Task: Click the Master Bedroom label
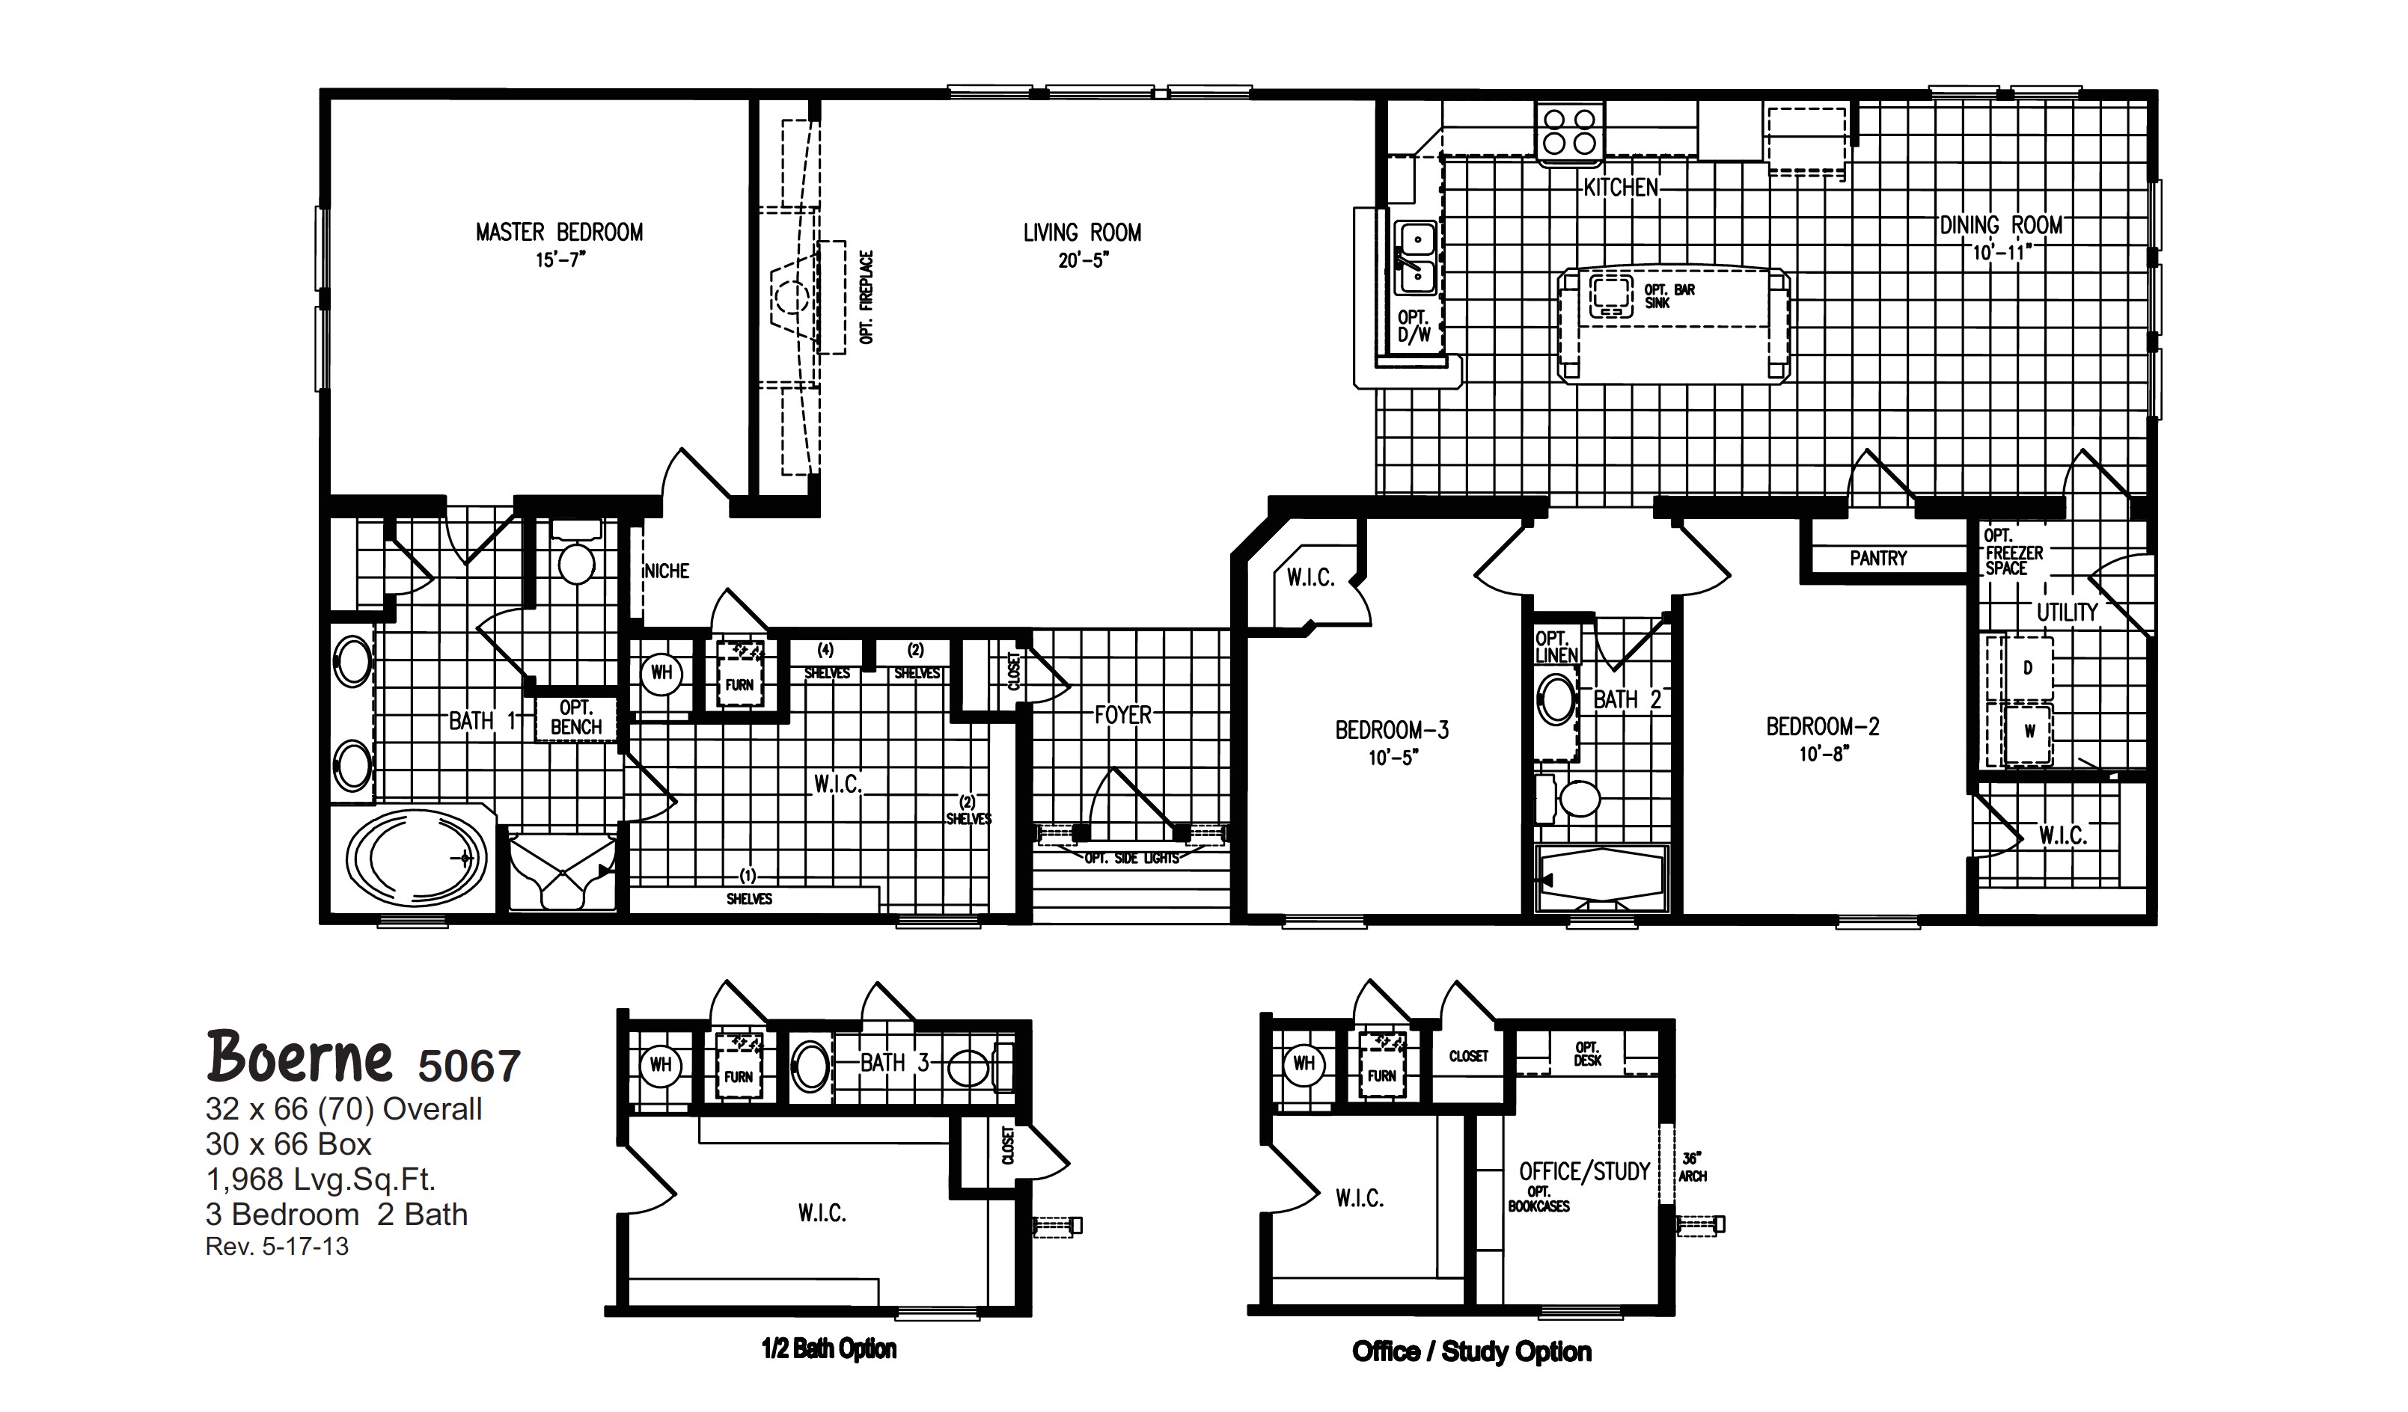click(x=559, y=232)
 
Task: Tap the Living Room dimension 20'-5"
click(x=1082, y=260)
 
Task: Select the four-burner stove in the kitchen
click(x=1569, y=132)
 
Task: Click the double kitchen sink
click(x=1415, y=258)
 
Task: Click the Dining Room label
click(x=2000, y=225)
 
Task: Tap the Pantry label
click(x=1877, y=558)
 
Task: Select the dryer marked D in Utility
click(x=2026, y=668)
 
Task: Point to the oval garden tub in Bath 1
click(x=415, y=859)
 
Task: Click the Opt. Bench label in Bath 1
click(x=575, y=717)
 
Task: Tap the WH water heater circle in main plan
click(x=661, y=672)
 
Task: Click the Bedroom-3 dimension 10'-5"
click(x=1393, y=758)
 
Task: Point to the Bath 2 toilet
click(x=1577, y=799)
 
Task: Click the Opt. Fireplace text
click(x=867, y=296)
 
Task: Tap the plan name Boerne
click(x=299, y=1058)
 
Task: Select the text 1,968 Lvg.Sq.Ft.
click(x=320, y=1180)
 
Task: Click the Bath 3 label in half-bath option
click(x=893, y=1062)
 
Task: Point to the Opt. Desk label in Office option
click(x=1587, y=1054)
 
